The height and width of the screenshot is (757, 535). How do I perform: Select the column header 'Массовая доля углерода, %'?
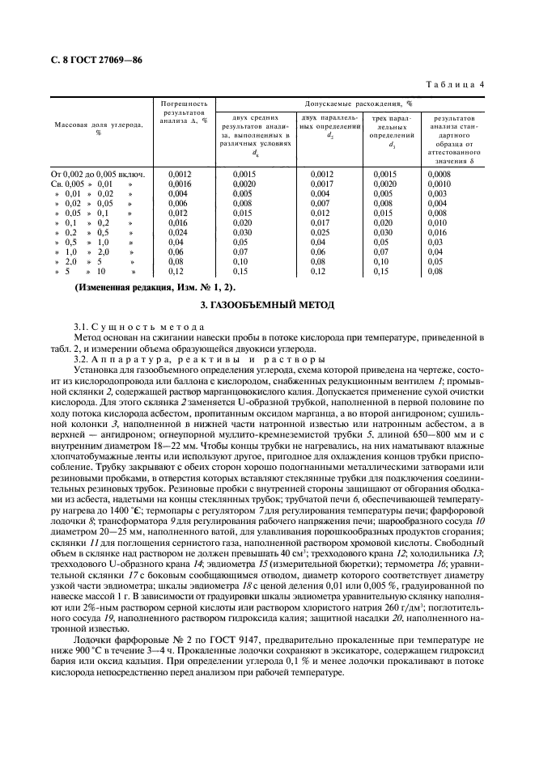click(x=98, y=129)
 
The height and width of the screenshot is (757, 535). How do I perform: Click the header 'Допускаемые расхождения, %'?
click(x=359, y=104)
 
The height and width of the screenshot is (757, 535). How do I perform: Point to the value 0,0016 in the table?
click(x=179, y=184)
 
